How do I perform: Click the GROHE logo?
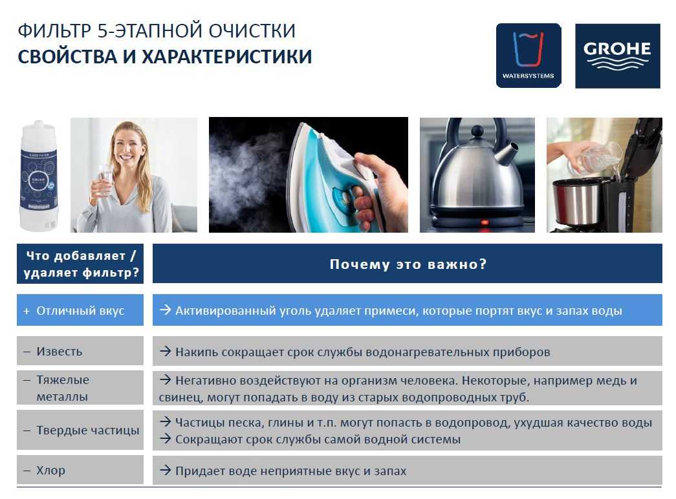(x=617, y=56)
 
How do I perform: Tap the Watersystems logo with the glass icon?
(x=529, y=56)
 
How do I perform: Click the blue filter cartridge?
(x=38, y=176)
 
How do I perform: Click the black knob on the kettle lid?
(x=477, y=131)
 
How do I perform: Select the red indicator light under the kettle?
(x=485, y=222)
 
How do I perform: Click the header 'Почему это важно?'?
(x=408, y=264)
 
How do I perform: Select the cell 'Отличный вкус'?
(x=80, y=310)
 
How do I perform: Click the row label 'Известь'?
(x=59, y=351)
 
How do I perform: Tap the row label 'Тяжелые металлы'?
(x=63, y=388)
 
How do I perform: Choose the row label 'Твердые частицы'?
(x=87, y=430)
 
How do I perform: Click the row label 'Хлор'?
(x=50, y=470)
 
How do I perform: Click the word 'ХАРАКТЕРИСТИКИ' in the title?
(x=227, y=57)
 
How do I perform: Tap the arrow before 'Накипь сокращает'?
(x=165, y=351)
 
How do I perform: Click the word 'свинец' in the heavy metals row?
(x=180, y=397)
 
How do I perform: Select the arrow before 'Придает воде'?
(x=165, y=470)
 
